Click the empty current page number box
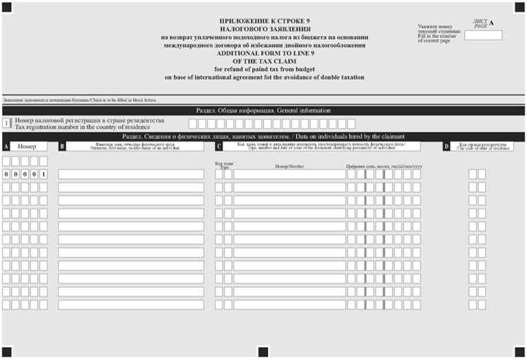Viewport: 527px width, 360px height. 483,35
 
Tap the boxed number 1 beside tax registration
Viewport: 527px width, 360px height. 7,123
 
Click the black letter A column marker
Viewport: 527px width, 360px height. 6,147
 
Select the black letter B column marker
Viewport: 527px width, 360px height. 62,147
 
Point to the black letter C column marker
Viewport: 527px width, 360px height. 218,147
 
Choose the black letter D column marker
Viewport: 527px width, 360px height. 446,147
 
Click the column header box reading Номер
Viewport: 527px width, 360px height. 28,147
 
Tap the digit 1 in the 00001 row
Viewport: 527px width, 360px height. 43,174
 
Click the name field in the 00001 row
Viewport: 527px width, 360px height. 131,174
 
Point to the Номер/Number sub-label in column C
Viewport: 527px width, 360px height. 289,166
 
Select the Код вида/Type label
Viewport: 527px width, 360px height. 224,165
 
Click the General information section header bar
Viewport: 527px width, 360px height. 263,111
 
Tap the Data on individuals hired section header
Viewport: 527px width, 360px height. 263,136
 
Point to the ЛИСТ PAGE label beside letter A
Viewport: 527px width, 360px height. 480,24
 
